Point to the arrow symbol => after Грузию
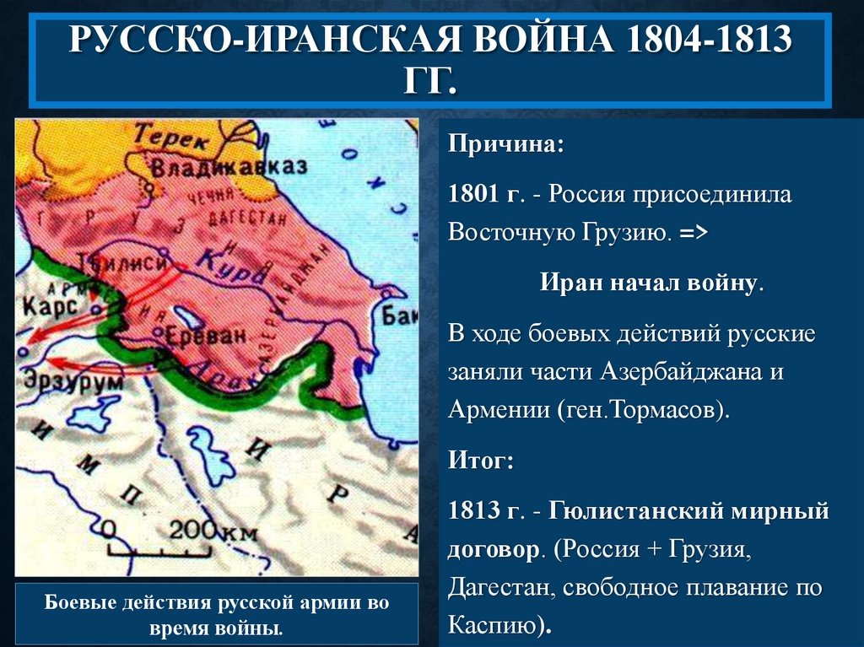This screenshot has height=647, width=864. [693, 235]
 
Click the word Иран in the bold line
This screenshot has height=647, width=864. [570, 283]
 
